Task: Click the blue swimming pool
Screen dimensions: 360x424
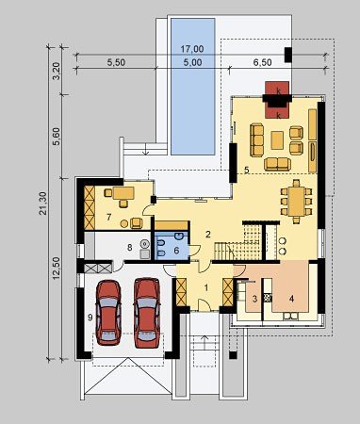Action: (x=193, y=87)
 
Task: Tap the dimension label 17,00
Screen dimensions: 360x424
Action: (x=192, y=49)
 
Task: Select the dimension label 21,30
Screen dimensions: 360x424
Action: (x=43, y=204)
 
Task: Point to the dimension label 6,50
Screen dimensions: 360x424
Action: (x=262, y=62)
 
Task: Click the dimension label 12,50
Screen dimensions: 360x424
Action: (x=57, y=268)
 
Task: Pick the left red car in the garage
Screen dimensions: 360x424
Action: (x=108, y=313)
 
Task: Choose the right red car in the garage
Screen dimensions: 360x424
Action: (x=147, y=313)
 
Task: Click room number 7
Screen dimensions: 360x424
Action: (x=108, y=217)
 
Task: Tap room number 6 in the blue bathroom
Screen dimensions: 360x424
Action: (x=176, y=251)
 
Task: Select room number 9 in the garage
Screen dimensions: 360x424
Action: (x=90, y=318)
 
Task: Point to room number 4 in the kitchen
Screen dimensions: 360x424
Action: (x=291, y=299)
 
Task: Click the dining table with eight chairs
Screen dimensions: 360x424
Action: (x=296, y=202)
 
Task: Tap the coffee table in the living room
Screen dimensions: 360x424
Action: (x=277, y=139)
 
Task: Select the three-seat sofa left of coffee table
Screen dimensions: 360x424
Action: (x=257, y=140)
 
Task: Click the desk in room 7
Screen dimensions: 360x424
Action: (x=123, y=193)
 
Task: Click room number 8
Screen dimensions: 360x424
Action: (x=129, y=248)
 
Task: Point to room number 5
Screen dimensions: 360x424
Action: (x=247, y=170)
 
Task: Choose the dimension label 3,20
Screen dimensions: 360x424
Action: (x=57, y=72)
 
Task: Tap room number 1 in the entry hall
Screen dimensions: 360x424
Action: (x=206, y=287)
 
